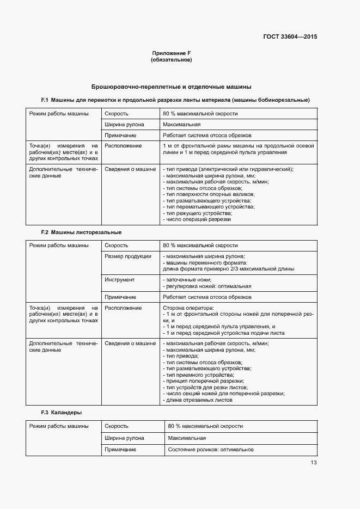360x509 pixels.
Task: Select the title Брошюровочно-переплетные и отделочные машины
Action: click(171, 87)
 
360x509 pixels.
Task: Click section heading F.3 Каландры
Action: click(62, 413)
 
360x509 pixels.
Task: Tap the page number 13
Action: click(314, 463)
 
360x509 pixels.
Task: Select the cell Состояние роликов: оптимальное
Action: click(211, 450)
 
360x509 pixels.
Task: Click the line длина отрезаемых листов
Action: click(198, 400)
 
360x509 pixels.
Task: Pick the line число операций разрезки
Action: click(197, 219)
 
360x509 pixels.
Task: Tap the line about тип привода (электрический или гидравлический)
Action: click(228, 169)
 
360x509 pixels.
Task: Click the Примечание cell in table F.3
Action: click(120, 450)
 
